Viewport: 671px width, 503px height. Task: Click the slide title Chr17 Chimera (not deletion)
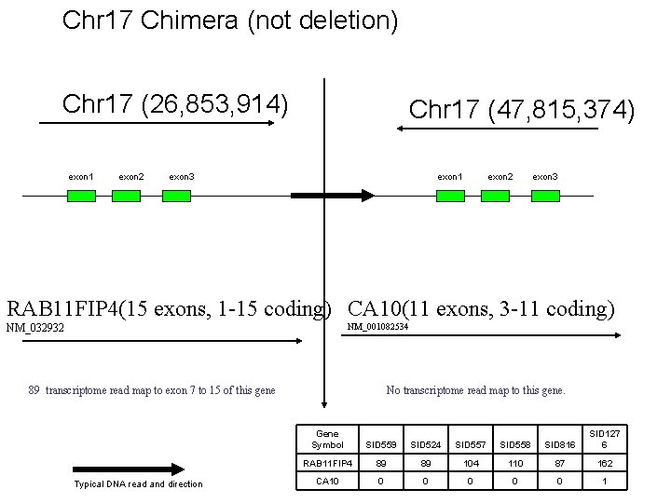(230, 20)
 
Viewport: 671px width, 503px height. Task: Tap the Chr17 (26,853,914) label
(174, 102)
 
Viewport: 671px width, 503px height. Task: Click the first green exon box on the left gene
(81, 196)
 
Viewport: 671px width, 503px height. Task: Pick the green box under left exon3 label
(176, 196)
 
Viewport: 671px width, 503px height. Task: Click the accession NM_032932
(36, 328)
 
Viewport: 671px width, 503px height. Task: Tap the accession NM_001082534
(377, 327)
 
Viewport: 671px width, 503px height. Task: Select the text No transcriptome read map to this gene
(475, 390)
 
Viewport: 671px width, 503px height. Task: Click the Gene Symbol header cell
(328, 440)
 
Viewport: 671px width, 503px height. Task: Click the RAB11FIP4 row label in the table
(328, 463)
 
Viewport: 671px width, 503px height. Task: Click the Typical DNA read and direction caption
(138, 483)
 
